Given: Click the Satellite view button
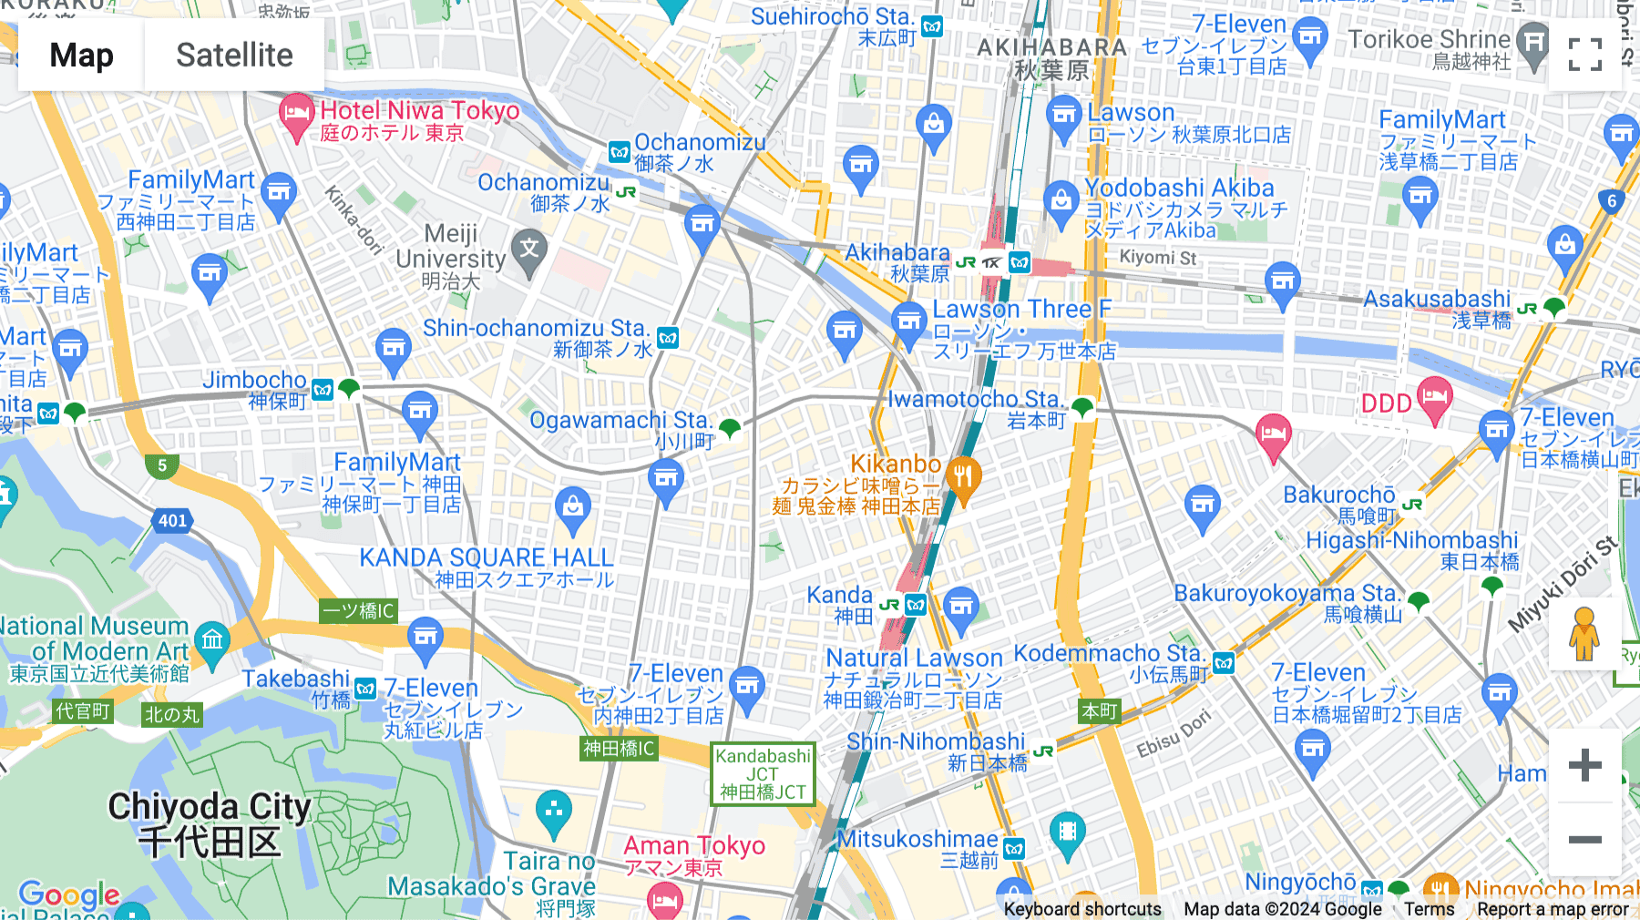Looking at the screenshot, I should [234, 55].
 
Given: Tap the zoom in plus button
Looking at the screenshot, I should [1584, 764].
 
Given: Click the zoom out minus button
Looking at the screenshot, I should [1584, 839].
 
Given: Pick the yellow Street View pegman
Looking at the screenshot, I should [1584, 633].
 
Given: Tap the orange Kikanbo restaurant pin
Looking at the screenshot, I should [963, 478].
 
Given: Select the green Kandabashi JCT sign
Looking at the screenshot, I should [763, 773].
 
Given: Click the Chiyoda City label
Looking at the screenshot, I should [210, 823].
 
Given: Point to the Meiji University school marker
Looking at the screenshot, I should [529, 248].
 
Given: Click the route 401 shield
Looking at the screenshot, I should [172, 520].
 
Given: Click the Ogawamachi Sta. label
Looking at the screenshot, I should [620, 420].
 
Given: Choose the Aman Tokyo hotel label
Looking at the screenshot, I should [694, 846].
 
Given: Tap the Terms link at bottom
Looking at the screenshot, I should [1429, 908].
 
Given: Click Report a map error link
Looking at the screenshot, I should [1553, 908].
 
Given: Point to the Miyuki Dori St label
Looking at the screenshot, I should [1562, 584].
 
